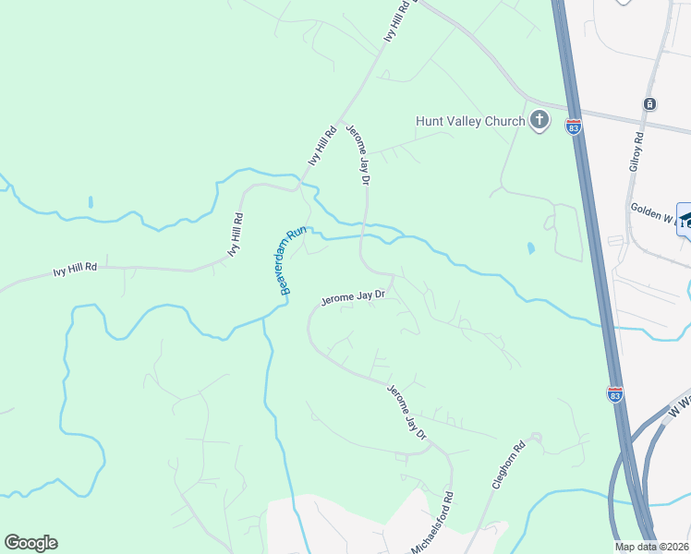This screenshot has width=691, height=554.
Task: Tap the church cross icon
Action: click(x=539, y=119)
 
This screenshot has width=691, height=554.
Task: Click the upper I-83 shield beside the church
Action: click(x=574, y=126)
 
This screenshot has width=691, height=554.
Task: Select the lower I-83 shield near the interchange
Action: click(x=615, y=393)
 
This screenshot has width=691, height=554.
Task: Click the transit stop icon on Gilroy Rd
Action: click(x=651, y=103)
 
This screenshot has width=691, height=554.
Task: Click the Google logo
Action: click(x=30, y=543)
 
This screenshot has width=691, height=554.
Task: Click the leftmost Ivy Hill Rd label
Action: click(x=75, y=270)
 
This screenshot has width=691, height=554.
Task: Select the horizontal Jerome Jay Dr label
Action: click(x=352, y=297)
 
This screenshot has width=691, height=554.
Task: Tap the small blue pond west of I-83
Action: click(x=530, y=247)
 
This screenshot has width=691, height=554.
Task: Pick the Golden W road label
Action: click(x=653, y=213)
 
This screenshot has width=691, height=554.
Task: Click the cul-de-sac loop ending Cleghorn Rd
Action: click(x=533, y=439)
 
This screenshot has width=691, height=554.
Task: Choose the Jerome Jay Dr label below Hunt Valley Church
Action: click(x=358, y=157)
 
